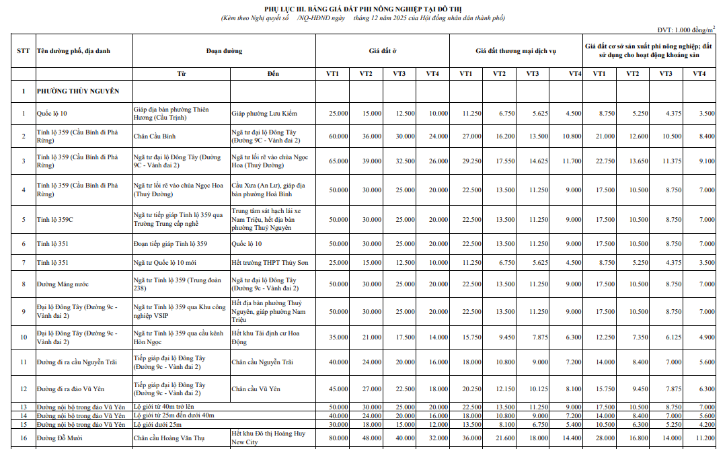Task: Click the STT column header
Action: pyautogui.click(x=23, y=51)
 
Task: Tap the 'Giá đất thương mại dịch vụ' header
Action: pyautogui.click(x=516, y=51)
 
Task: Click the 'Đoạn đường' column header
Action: pyautogui.click(x=224, y=51)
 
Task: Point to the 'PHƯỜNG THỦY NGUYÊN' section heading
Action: pyautogui.click(x=78, y=91)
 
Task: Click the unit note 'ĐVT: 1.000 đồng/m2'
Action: pyautogui.click(x=685, y=30)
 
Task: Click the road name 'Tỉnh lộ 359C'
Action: pyautogui.click(x=55, y=220)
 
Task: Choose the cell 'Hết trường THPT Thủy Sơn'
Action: pyautogui.click(x=270, y=262)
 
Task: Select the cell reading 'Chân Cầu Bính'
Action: pyautogui.click(x=155, y=136)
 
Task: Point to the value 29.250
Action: pyautogui.click(x=471, y=161)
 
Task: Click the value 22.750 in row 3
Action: pyautogui.click(x=605, y=161)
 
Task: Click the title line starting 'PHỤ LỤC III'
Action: pyautogui.click(x=362, y=8)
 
